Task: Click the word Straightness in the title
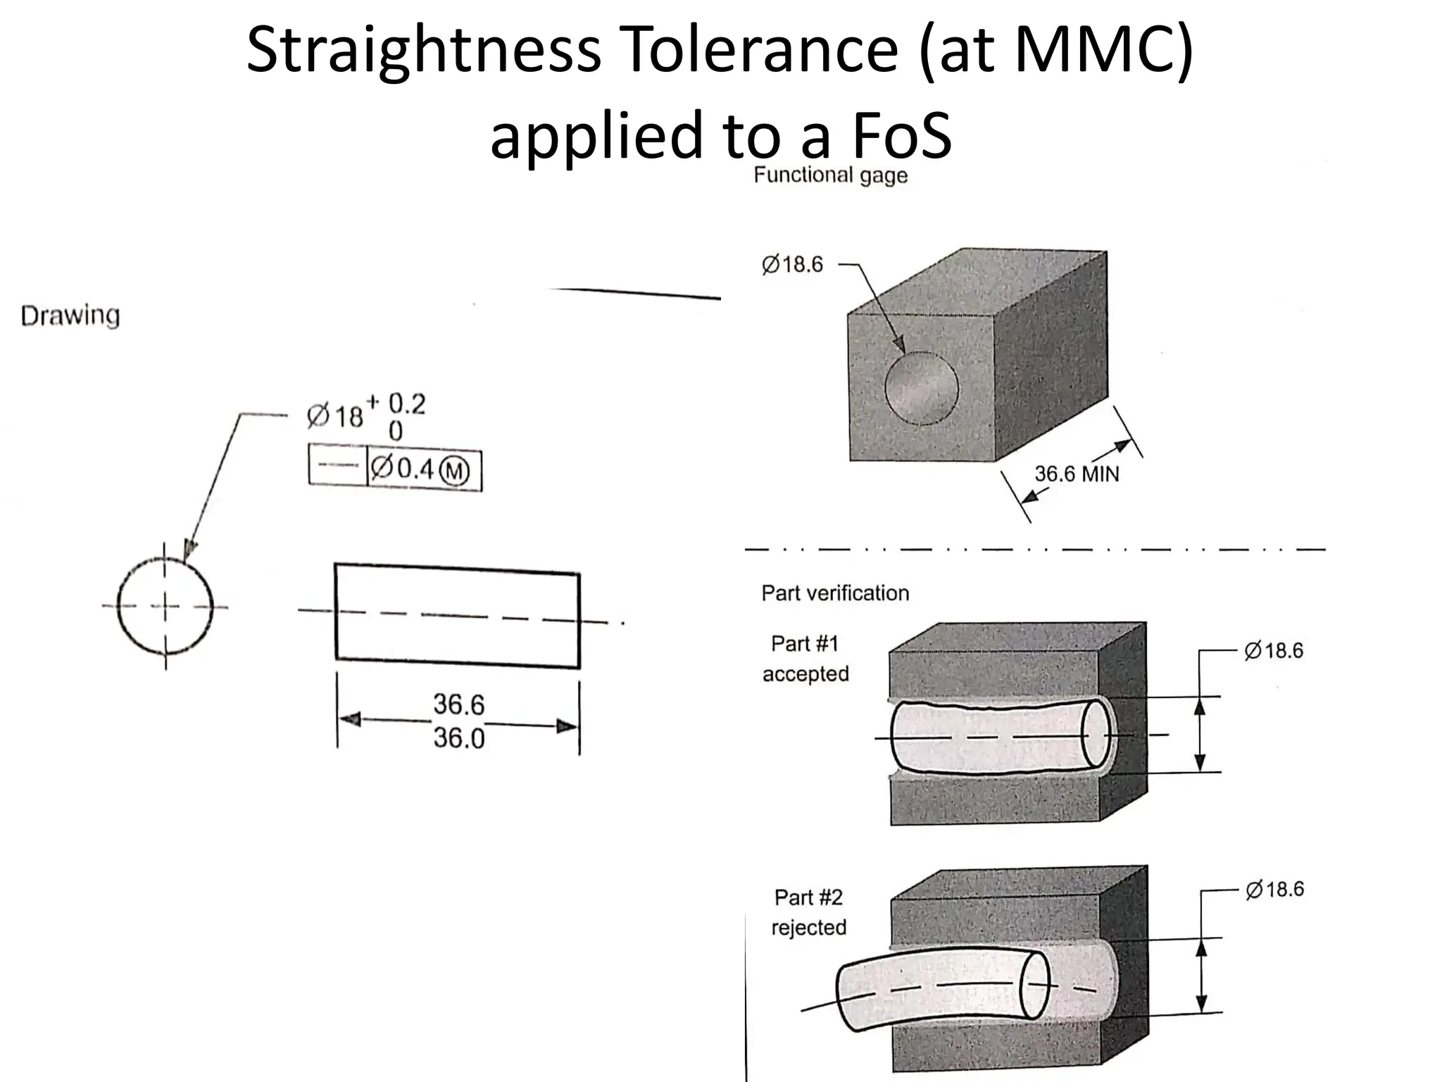click(x=423, y=51)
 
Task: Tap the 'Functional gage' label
click(x=830, y=175)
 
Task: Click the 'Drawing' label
click(x=70, y=316)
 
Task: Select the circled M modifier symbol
click(x=454, y=471)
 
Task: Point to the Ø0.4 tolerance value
click(x=403, y=468)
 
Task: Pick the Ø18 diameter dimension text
click(x=335, y=416)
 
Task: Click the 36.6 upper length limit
click(x=458, y=704)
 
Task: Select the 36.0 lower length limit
click(x=458, y=738)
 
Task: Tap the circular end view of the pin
click(x=165, y=606)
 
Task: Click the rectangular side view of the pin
click(x=457, y=616)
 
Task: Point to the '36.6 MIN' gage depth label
click(x=1076, y=474)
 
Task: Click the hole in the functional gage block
click(x=921, y=387)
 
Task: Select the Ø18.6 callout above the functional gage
click(x=792, y=265)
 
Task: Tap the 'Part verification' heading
click(x=835, y=593)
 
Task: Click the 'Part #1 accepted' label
click(x=805, y=659)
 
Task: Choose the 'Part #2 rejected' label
click(x=808, y=912)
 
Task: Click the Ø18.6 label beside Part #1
click(x=1274, y=651)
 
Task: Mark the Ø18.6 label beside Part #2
click(x=1274, y=890)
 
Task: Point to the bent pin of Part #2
click(x=936, y=990)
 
